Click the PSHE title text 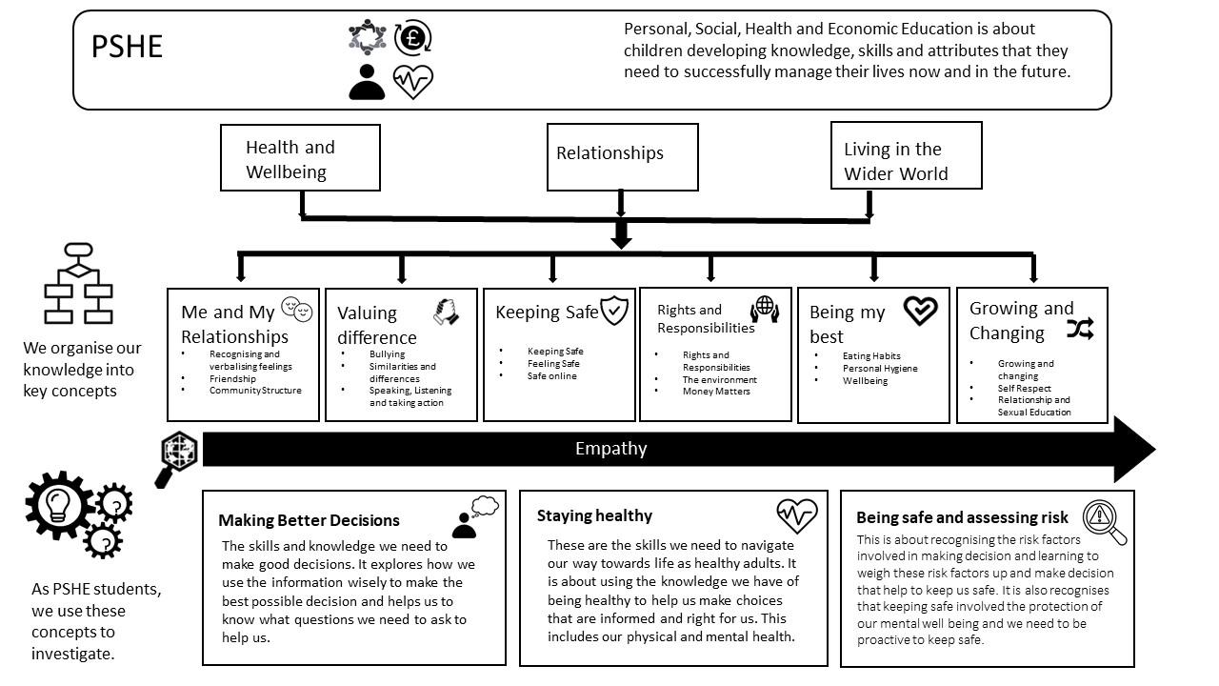(127, 47)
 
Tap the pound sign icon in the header (412, 37)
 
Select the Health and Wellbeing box (300, 158)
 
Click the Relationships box (622, 156)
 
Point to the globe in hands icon (765, 308)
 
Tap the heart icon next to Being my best (920, 311)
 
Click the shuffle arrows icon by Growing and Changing (1080, 330)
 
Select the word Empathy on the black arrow (610, 449)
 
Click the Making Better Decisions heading (309, 520)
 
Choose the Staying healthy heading (594, 515)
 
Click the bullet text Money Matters (715, 392)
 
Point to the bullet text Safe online (551, 375)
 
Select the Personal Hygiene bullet (879, 369)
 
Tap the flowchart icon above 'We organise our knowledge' (79, 283)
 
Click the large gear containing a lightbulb (59, 504)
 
